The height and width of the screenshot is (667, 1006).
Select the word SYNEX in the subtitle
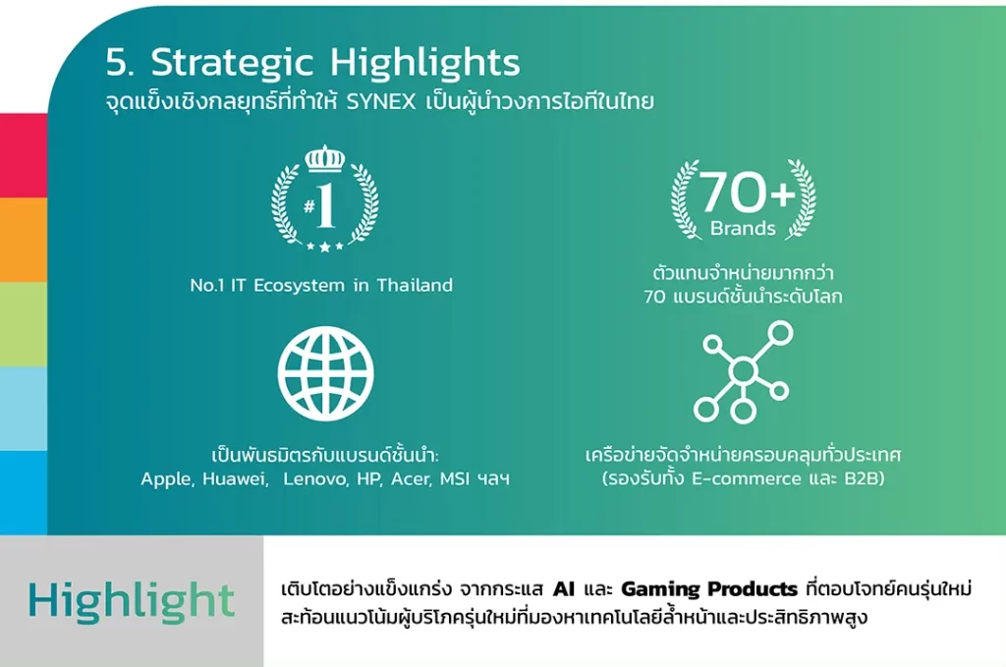tap(381, 102)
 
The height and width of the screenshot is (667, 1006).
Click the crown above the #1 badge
tap(324, 158)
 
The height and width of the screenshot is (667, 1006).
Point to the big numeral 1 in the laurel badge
tap(326, 205)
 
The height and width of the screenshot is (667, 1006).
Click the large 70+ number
tap(747, 192)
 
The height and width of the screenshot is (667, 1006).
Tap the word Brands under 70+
tap(743, 228)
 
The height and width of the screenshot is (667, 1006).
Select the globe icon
tap(325, 374)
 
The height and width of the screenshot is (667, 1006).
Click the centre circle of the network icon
tap(743, 370)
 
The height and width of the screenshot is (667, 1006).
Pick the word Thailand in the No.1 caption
tap(415, 285)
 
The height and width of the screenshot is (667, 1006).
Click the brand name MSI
tap(455, 478)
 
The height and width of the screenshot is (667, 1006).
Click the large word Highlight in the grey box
tap(132, 601)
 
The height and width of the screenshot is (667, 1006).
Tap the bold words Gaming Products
tap(709, 588)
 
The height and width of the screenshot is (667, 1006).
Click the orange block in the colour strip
tap(24, 240)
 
